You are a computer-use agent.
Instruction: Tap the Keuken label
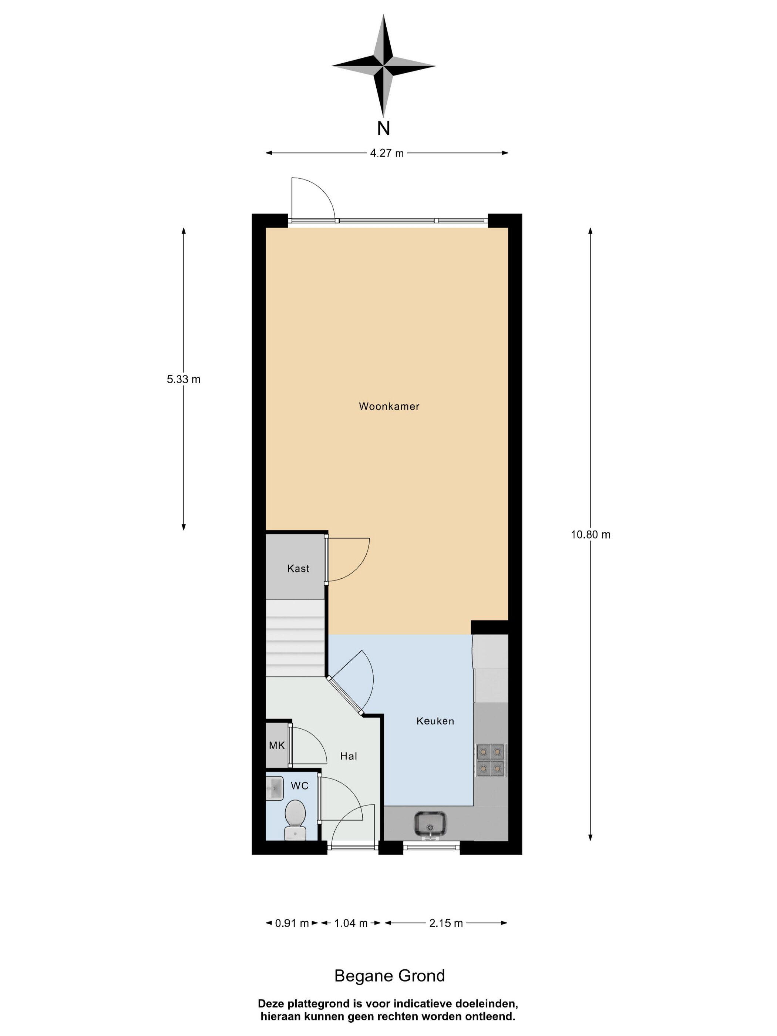coord(435,721)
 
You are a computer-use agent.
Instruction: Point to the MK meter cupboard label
coord(277,745)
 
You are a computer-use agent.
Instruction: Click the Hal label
coord(349,756)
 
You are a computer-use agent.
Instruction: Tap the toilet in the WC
coord(295,819)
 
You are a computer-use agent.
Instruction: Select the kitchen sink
coord(430,824)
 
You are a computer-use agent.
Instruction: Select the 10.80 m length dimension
coord(591,534)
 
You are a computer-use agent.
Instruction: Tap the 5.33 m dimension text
coord(184,379)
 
